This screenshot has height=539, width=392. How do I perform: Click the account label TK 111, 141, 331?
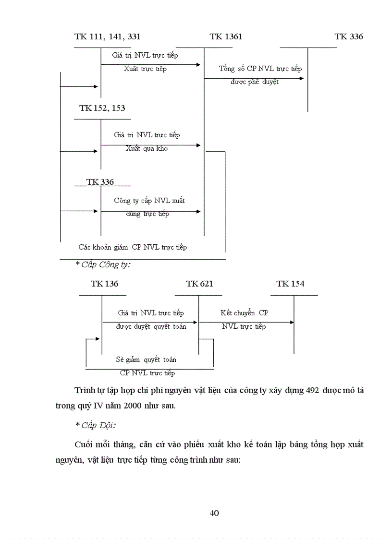click(x=108, y=36)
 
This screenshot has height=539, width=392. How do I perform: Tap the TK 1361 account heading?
click(x=226, y=36)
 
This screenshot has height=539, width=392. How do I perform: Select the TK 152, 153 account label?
click(x=102, y=108)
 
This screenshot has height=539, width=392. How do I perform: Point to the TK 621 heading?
click(x=199, y=284)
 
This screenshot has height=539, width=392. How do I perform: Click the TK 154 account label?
click(x=290, y=284)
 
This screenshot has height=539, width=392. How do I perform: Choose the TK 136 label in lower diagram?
click(x=104, y=284)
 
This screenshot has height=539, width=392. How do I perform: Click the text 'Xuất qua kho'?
click(x=147, y=148)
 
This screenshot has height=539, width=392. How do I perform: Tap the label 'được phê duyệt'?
click(x=255, y=82)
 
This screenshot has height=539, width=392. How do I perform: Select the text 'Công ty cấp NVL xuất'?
click(x=149, y=201)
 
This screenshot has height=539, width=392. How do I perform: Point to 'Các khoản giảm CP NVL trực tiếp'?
click(x=133, y=247)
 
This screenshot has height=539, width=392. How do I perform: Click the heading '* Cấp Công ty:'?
click(x=103, y=264)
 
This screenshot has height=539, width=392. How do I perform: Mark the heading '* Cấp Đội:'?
click(x=96, y=425)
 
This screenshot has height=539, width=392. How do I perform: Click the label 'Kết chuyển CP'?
click(x=245, y=313)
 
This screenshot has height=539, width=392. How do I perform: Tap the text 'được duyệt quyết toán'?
click(x=151, y=326)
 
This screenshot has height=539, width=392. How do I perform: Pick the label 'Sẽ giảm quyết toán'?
click(x=146, y=359)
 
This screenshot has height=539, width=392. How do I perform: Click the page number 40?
click(x=215, y=513)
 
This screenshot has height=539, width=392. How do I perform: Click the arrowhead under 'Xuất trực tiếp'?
click(x=198, y=64)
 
